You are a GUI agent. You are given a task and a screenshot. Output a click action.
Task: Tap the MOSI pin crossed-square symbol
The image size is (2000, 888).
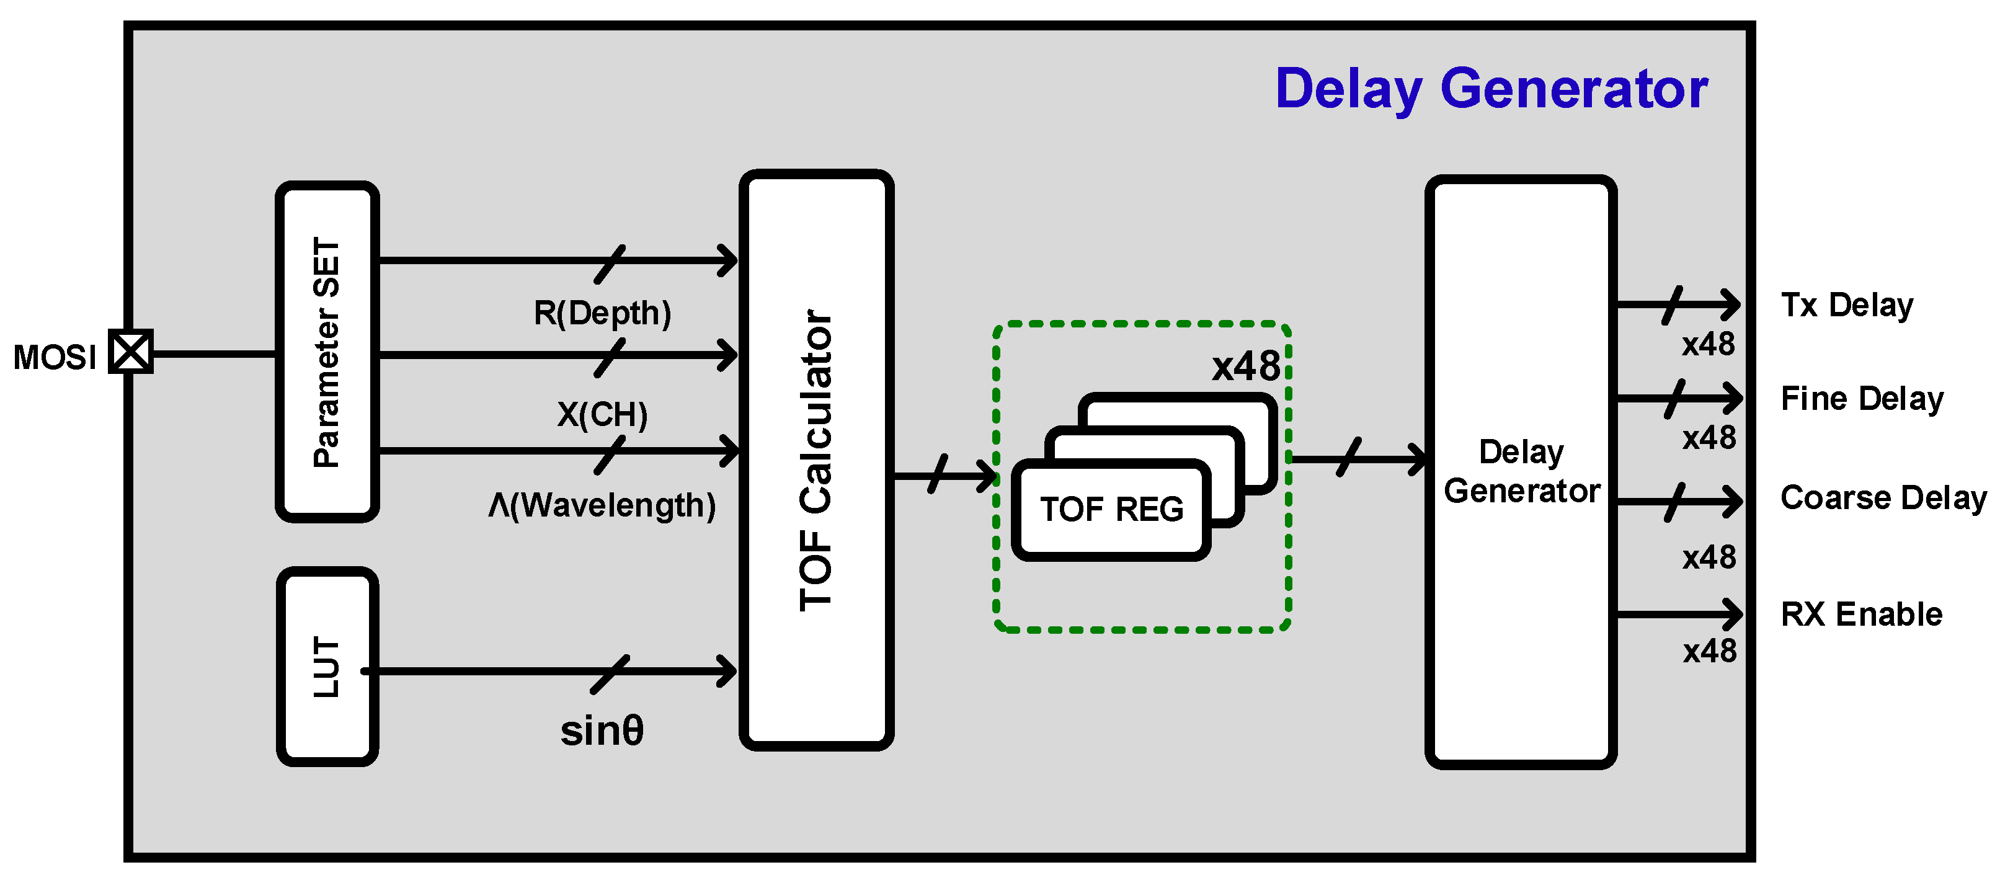click(x=130, y=352)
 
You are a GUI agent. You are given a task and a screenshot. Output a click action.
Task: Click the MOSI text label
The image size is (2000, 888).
click(x=55, y=358)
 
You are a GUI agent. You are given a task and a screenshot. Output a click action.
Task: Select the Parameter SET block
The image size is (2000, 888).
click(x=327, y=352)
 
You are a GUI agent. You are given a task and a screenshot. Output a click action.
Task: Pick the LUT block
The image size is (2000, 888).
click(x=327, y=666)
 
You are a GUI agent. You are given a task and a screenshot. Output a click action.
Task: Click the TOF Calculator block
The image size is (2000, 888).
click(x=816, y=460)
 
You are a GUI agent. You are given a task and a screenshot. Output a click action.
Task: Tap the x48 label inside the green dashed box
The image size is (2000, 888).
click(x=1246, y=366)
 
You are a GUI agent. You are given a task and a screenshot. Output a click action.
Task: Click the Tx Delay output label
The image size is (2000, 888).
click(x=1846, y=305)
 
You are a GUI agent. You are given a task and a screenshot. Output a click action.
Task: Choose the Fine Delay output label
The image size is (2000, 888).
click(x=1861, y=398)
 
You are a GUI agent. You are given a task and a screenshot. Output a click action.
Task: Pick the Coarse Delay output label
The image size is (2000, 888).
click(x=1883, y=497)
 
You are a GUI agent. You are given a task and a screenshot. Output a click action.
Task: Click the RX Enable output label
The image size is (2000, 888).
click(x=1861, y=614)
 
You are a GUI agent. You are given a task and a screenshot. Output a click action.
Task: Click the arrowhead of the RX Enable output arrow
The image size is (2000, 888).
click(x=1733, y=615)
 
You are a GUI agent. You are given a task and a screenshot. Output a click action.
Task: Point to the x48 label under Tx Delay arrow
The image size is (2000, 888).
click(x=1708, y=344)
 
